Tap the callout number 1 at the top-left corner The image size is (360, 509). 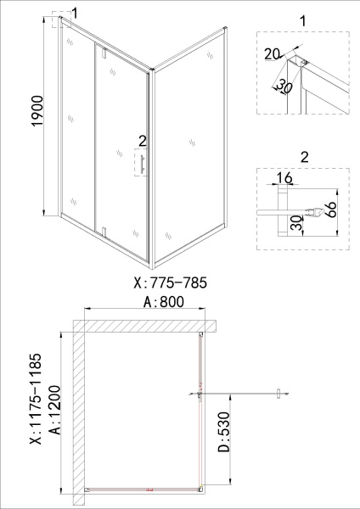76,14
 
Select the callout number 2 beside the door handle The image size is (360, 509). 142,140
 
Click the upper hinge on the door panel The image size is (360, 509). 102,54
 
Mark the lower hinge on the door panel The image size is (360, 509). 103,231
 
